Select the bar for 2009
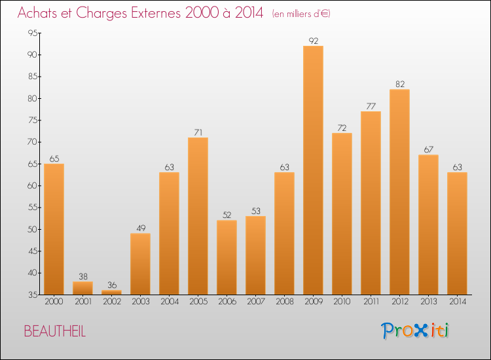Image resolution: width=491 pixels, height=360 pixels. [x=313, y=170]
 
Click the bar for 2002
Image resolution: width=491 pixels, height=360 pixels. [x=112, y=293]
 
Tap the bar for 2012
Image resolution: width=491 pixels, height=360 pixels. [x=399, y=192]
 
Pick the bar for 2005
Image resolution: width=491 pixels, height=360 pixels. [x=198, y=216]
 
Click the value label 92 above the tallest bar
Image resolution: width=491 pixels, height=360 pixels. [x=313, y=41]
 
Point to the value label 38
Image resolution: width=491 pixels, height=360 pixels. [x=83, y=276]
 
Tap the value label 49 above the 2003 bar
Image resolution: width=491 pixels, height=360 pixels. [x=141, y=228]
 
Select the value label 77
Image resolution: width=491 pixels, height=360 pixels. [x=371, y=107]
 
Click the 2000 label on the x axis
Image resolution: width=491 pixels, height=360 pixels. [x=54, y=302]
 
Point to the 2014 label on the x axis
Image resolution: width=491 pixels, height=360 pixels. [x=458, y=302]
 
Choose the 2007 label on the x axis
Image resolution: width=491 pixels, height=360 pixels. [x=256, y=302]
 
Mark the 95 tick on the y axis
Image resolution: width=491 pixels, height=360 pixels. [x=33, y=33]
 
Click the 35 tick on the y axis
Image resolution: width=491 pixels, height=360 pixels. [x=33, y=295]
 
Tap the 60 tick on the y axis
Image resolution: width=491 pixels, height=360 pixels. [x=33, y=186]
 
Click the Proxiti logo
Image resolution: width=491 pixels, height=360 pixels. [x=415, y=331]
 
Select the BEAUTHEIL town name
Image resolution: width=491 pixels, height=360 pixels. [x=55, y=331]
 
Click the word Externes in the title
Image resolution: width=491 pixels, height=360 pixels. [x=156, y=13]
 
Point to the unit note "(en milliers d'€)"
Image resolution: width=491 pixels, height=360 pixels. [x=301, y=14]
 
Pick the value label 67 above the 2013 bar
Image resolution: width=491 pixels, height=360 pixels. [x=428, y=150]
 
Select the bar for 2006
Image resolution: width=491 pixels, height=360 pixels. [x=227, y=257]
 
